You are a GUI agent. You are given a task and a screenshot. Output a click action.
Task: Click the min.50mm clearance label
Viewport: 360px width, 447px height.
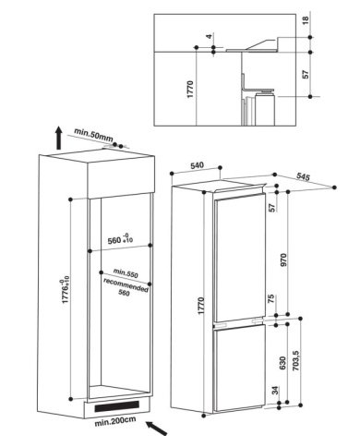[x=93, y=135]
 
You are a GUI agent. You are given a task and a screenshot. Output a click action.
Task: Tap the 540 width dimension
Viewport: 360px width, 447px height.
[x=197, y=165]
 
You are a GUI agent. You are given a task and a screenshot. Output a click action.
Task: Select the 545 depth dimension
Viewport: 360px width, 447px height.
[x=303, y=176]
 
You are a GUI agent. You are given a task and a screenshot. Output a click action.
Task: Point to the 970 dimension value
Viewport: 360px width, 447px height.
[x=283, y=260]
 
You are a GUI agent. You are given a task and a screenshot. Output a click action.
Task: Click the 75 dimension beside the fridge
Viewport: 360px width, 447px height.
[x=271, y=298]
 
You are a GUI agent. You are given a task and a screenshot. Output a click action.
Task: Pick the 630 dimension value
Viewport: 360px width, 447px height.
[x=283, y=363]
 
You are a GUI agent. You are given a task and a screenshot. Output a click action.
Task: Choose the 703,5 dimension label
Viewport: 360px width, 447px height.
[x=295, y=360]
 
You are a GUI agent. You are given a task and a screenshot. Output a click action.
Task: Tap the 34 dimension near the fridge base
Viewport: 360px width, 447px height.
[x=275, y=391]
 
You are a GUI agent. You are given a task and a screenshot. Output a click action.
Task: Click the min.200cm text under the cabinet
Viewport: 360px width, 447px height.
[x=115, y=421]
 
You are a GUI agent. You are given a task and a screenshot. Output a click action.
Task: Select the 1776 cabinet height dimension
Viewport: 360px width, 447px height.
[x=66, y=291]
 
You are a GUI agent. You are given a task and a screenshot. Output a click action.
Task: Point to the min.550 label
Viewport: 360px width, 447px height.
[x=126, y=272]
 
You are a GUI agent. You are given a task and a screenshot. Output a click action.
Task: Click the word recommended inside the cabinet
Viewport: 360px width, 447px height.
[x=126, y=284]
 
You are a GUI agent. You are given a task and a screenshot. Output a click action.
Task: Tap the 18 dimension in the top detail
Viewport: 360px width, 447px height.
[x=305, y=20]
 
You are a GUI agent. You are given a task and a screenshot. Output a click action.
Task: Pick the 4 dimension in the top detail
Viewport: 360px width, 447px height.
[x=210, y=36]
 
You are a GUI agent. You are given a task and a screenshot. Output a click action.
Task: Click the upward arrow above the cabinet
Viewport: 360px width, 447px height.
[x=58, y=138]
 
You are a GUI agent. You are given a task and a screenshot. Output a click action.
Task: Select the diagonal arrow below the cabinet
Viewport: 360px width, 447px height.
[x=157, y=429]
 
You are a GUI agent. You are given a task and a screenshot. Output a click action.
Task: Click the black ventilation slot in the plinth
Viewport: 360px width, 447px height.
[x=116, y=406]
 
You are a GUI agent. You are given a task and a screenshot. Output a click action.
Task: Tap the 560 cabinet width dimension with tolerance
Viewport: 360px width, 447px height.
[x=120, y=239]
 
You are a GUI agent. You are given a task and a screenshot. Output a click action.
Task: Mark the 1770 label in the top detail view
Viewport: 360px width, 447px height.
[x=190, y=90]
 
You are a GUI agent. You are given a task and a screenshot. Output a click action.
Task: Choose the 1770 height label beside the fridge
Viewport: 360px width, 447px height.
[x=201, y=306]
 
